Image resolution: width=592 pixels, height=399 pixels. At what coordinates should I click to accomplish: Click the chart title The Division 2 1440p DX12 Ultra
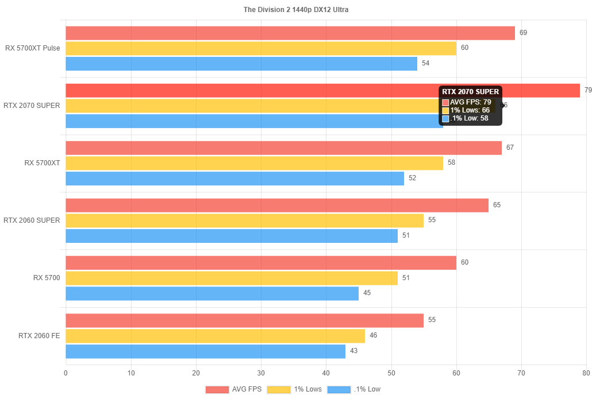click(x=296, y=9)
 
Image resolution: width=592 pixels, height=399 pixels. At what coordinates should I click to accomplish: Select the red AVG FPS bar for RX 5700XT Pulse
click(x=290, y=33)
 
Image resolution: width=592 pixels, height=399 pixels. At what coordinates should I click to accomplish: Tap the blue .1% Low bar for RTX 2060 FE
click(x=205, y=351)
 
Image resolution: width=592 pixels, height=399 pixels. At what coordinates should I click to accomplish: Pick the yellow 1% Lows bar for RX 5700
click(x=232, y=278)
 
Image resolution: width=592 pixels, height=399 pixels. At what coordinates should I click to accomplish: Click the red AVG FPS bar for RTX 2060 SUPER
click(x=277, y=205)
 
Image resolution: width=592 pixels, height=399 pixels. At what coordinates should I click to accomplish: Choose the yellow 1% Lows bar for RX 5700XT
click(x=254, y=163)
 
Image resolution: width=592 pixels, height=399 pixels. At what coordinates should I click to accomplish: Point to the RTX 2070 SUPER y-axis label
click(x=32, y=106)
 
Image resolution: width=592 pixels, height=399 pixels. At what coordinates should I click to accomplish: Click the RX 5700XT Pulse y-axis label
click(x=33, y=48)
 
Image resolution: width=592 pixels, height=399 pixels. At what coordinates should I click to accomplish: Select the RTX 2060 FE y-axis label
click(x=39, y=335)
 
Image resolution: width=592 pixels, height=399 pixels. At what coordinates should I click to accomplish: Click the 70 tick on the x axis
click(x=521, y=373)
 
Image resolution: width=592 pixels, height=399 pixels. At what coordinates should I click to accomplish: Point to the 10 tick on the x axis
click(x=131, y=373)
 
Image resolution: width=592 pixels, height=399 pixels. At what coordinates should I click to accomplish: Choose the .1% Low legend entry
click(x=354, y=389)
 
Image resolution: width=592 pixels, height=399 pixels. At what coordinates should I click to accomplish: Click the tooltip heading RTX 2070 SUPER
click(x=470, y=92)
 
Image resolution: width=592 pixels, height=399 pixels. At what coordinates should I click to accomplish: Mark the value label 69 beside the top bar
click(x=523, y=33)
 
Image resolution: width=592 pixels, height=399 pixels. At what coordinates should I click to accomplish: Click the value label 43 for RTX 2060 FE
click(x=353, y=351)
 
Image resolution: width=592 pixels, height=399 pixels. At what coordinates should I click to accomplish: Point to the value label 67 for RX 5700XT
click(x=510, y=148)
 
